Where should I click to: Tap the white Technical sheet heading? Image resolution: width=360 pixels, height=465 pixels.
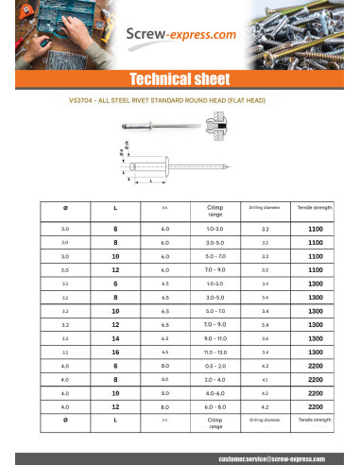pyautogui.click(x=180, y=78)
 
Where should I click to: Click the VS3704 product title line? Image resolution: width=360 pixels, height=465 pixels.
pyautogui.click(x=180, y=99)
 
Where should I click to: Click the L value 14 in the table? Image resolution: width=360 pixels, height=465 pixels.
pyautogui.click(x=115, y=337)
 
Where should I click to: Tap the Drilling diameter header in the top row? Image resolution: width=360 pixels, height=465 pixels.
pyautogui.click(x=265, y=205)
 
